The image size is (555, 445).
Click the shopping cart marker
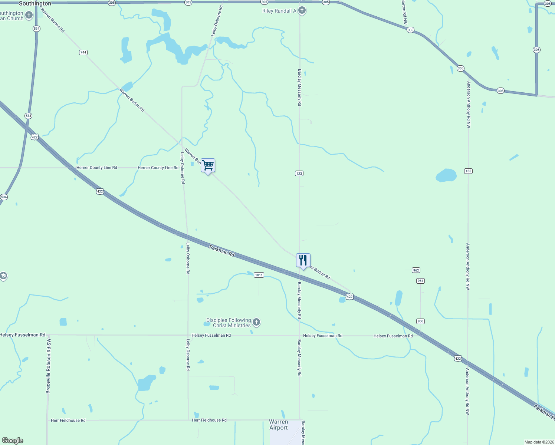(x=208, y=165)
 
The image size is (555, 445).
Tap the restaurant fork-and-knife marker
(x=303, y=260)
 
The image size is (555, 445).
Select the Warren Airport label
(x=279, y=425)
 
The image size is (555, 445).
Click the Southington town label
(x=35, y=3)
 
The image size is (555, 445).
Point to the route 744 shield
(x=83, y=52)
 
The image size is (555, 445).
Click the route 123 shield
(x=299, y=173)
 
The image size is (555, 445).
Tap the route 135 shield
(x=468, y=171)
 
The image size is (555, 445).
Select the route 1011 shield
(x=259, y=275)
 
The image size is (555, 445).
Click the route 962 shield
(x=416, y=270)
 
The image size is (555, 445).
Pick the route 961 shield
(x=420, y=281)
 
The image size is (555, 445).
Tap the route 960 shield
(x=420, y=321)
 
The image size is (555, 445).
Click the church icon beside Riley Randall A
(x=302, y=10)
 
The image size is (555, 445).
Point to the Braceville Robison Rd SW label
(x=48, y=366)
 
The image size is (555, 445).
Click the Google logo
(x=12, y=441)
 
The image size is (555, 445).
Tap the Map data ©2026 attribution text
(x=539, y=442)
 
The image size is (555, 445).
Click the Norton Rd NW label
(x=404, y=12)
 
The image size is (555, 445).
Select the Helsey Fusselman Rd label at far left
(x=23, y=335)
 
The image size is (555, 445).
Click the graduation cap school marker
(x=3, y=276)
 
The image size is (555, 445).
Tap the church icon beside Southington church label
(x=29, y=15)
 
